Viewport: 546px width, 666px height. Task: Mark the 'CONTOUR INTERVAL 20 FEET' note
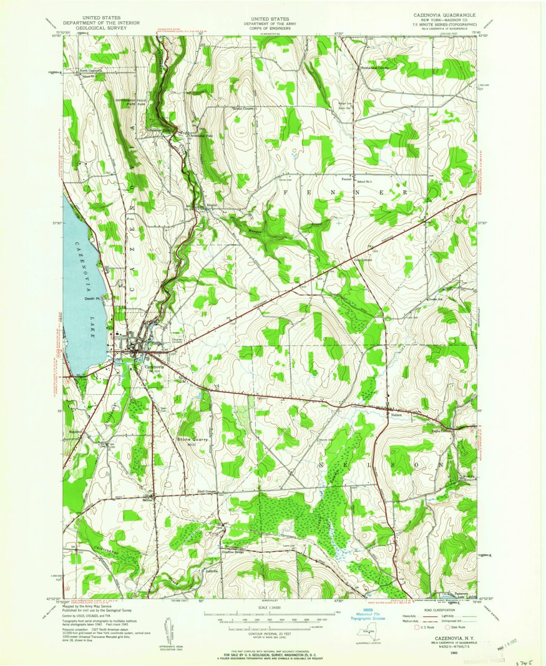[x=271, y=632]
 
